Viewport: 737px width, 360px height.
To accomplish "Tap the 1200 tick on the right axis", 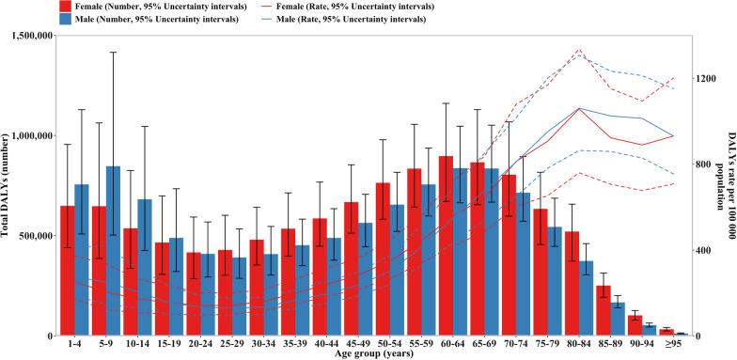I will tap(707, 78).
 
